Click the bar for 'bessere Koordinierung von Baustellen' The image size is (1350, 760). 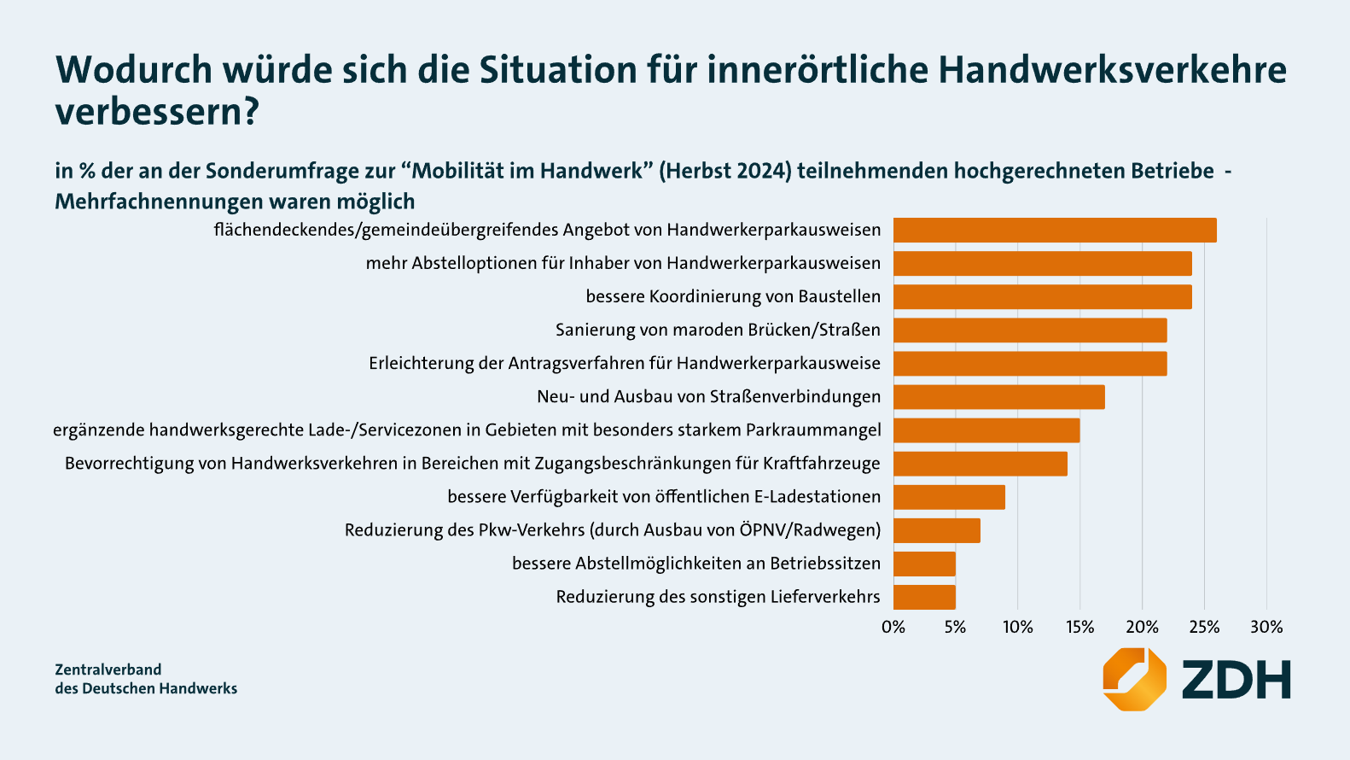[x=1042, y=297]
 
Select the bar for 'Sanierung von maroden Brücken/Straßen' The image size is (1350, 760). [x=1030, y=330]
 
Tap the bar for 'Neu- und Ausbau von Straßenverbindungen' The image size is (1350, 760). [x=998, y=397]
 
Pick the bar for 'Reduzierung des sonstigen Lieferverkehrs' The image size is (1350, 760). [x=924, y=597]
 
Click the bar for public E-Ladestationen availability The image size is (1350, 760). [x=949, y=497]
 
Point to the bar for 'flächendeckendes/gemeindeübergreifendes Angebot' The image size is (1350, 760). [x=1055, y=231]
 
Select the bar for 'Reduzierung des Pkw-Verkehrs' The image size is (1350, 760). [x=936, y=530]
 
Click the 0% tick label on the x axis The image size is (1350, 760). [x=893, y=627]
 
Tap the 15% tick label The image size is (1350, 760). [x=1079, y=627]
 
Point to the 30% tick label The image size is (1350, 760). [x=1266, y=627]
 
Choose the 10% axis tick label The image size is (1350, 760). [x=1017, y=627]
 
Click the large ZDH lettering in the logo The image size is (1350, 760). [x=1236, y=680]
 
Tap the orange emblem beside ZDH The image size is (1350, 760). [x=1134, y=679]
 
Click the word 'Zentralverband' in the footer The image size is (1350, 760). [x=108, y=669]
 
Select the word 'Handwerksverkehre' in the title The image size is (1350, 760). [x=1112, y=70]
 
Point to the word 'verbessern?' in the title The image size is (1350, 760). [x=157, y=113]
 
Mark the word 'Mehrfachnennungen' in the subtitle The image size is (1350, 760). [x=159, y=202]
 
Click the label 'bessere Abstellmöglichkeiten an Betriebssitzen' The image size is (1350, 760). [x=695, y=564]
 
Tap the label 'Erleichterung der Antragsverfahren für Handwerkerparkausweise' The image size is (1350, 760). [x=624, y=364]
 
